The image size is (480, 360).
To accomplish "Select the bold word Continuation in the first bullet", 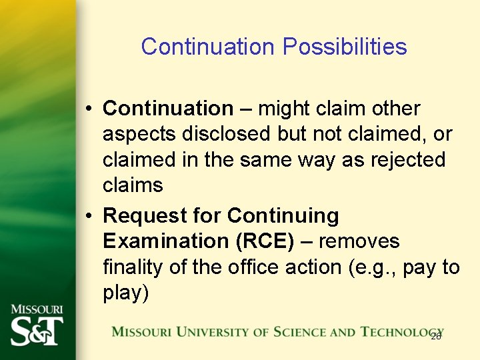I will pyautogui.click(x=168, y=108).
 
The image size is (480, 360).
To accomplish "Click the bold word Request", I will pyautogui.click(x=145, y=216).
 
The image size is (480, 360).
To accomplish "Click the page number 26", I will pyautogui.click(x=436, y=336).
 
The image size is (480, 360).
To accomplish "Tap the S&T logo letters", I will pyautogui.click(x=37, y=330).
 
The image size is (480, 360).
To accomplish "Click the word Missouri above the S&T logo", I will pyautogui.click(x=37, y=309).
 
